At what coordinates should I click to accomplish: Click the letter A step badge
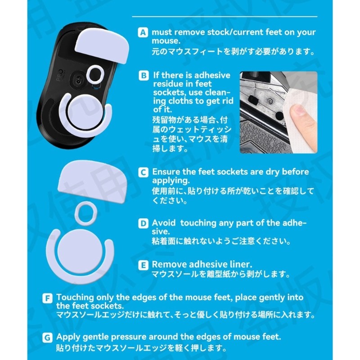click(x=143, y=32)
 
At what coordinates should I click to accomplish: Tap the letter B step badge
click(x=144, y=76)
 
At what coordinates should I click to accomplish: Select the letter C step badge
click(x=143, y=172)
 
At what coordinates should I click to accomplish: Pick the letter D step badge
click(x=143, y=223)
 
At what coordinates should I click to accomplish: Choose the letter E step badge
click(x=143, y=265)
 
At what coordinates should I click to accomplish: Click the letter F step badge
click(x=47, y=298)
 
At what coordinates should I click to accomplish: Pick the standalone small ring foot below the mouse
click(x=86, y=212)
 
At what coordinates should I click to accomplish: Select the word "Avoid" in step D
click(x=164, y=223)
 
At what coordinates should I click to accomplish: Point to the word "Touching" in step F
click(x=75, y=297)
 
